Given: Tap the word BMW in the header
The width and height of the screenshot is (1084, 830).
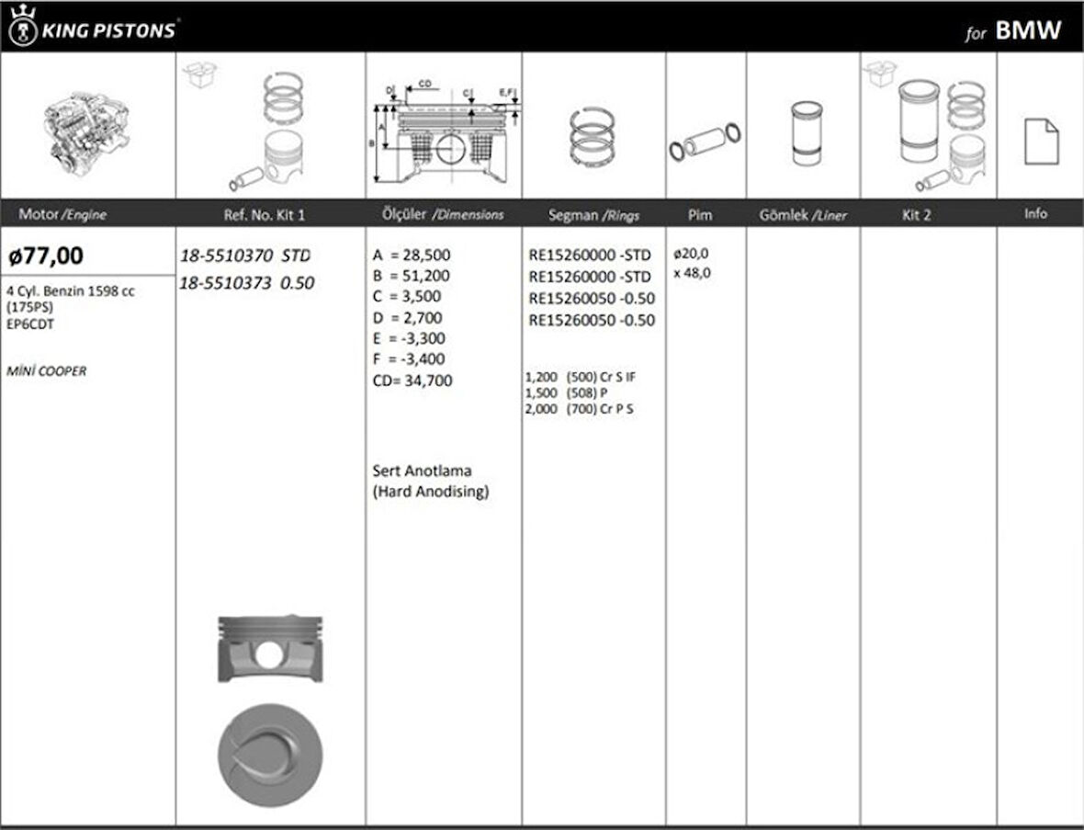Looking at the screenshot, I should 1028,30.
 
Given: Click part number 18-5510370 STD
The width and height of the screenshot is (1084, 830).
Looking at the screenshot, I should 244,256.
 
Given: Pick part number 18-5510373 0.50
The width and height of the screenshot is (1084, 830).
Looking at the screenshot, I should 246,283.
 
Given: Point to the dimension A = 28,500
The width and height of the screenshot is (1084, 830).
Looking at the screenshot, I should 412,256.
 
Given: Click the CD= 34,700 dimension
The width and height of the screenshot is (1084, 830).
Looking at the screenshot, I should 412,380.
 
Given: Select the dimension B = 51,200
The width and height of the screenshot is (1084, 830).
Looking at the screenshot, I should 412,276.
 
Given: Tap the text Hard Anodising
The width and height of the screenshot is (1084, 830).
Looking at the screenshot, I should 431,492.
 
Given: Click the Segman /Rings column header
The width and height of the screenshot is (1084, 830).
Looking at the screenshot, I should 593,215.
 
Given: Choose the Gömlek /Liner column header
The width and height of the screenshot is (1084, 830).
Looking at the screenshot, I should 803,215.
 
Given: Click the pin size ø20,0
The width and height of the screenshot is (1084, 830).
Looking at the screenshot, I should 691,253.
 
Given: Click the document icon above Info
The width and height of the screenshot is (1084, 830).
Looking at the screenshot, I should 1041,142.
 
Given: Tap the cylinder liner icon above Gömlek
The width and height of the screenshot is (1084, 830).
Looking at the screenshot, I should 806,133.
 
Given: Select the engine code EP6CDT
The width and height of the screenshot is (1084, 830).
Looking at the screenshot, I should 30,324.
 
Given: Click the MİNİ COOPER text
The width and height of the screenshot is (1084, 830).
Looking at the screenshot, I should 46,371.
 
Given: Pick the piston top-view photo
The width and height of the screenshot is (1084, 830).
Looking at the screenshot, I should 270,756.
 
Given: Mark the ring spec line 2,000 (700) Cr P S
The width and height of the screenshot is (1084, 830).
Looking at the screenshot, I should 579,409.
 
